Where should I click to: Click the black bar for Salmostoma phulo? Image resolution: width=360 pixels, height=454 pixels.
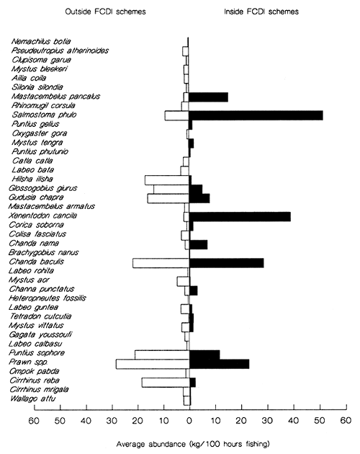point(256,115)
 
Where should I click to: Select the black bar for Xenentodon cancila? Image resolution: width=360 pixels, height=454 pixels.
point(240,216)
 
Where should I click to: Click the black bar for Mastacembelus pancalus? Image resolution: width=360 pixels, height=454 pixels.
point(208,97)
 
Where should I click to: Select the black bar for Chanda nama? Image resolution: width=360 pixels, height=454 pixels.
point(198,244)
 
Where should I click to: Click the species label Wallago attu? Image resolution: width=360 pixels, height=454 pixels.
point(33,399)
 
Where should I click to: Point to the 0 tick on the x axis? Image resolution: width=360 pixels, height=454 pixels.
point(189,419)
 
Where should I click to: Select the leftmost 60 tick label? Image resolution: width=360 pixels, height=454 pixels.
point(33,419)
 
